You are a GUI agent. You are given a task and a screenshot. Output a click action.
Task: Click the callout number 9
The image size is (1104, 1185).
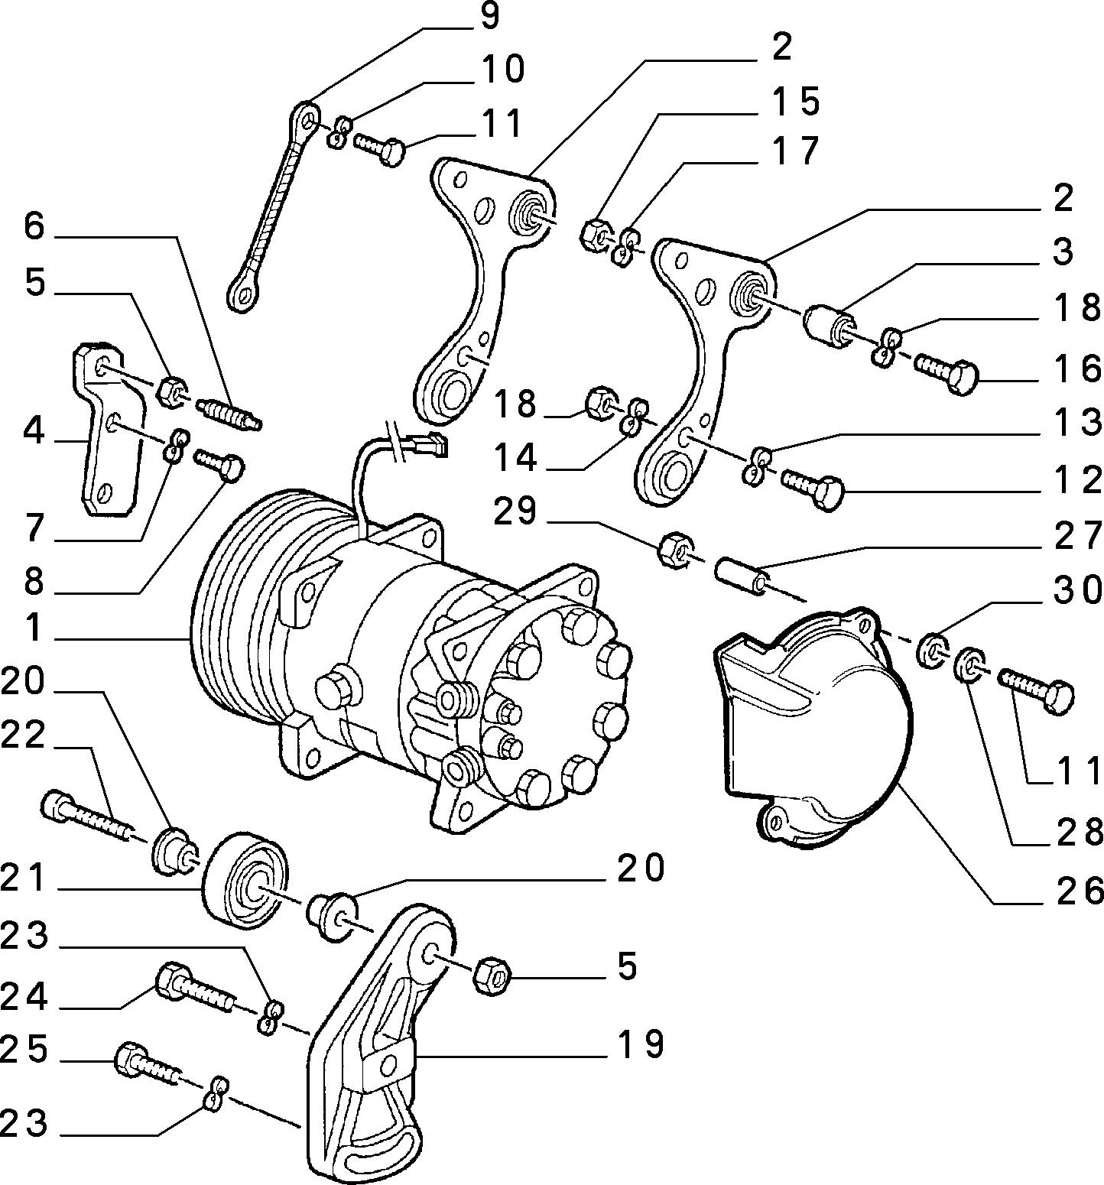click(x=489, y=17)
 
